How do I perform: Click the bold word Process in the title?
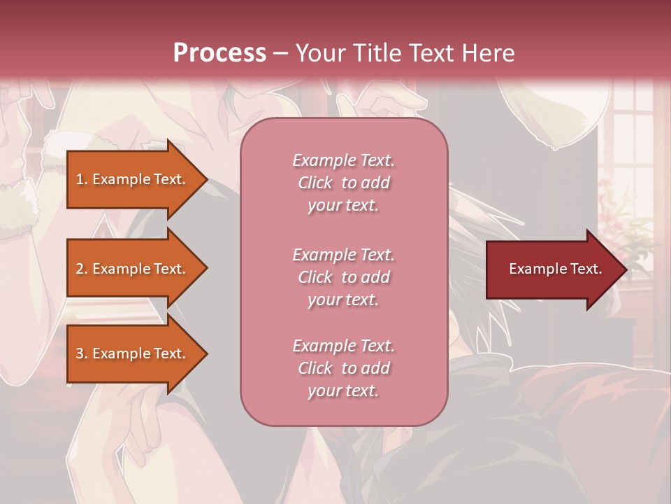[219, 53]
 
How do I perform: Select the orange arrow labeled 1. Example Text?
[133, 179]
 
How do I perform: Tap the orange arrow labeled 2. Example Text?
[133, 269]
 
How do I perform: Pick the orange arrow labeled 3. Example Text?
[133, 353]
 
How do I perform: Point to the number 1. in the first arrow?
[82, 179]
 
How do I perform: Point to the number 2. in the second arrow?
[82, 269]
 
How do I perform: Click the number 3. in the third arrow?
[82, 353]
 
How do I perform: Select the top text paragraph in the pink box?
[343, 183]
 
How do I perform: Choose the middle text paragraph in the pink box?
[343, 277]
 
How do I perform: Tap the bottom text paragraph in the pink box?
[343, 368]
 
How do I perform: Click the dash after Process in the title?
[281, 54]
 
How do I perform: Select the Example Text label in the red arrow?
[555, 269]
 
